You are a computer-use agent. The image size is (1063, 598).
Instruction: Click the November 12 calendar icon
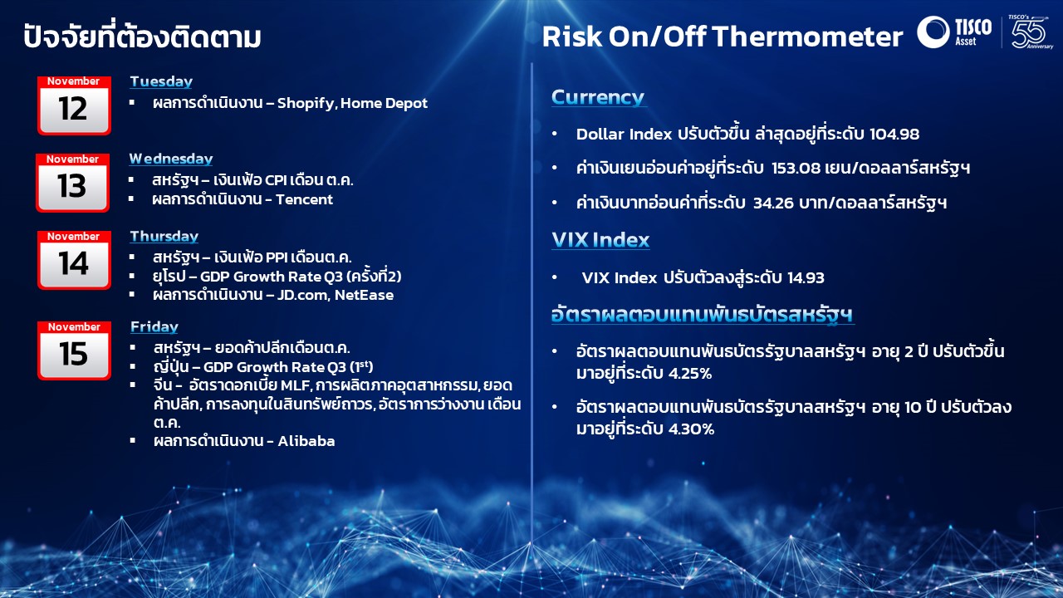click(73, 105)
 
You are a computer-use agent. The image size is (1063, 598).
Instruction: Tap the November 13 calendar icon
click(72, 182)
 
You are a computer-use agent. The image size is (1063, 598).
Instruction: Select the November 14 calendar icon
click(73, 259)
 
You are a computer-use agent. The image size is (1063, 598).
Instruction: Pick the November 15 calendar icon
click(73, 350)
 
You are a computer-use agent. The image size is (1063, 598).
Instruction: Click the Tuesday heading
click(161, 81)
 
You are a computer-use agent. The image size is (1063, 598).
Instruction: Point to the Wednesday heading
click(170, 159)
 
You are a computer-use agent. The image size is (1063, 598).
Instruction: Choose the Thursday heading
click(164, 237)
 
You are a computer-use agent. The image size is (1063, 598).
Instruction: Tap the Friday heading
click(154, 327)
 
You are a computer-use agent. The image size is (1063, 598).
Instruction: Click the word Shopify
click(305, 104)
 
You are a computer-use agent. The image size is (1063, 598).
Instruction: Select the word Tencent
click(305, 199)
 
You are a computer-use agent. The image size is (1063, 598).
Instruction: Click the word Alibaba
click(306, 441)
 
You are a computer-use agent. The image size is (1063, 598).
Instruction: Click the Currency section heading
click(598, 97)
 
